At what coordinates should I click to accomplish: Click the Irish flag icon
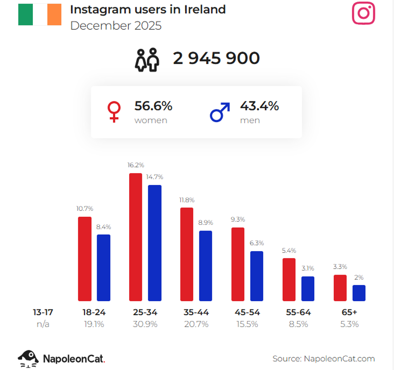click(x=39, y=15)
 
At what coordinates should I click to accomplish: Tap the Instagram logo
click(x=363, y=13)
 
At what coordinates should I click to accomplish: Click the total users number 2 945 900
click(x=216, y=58)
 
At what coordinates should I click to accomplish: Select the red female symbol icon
click(x=114, y=112)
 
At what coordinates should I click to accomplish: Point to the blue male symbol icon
click(x=220, y=112)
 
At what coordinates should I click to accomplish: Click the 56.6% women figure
click(x=153, y=106)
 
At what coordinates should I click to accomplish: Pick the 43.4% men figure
click(x=259, y=106)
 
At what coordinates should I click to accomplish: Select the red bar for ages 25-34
click(x=135, y=237)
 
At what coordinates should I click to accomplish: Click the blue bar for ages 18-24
click(x=103, y=267)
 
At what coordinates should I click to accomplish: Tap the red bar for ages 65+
click(x=340, y=288)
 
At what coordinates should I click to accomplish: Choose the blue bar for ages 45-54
click(x=257, y=276)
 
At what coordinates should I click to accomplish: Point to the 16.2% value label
click(x=136, y=165)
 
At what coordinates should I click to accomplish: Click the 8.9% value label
click(x=206, y=223)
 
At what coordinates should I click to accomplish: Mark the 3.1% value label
click(x=308, y=268)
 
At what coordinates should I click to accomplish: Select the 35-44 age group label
click(x=196, y=312)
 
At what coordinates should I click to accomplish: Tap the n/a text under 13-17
click(x=43, y=324)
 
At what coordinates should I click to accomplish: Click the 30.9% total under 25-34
click(x=145, y=324)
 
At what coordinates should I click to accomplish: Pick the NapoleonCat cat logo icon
click(x=28, y=358)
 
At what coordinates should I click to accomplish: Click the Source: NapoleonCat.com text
click(x=324, y=358)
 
